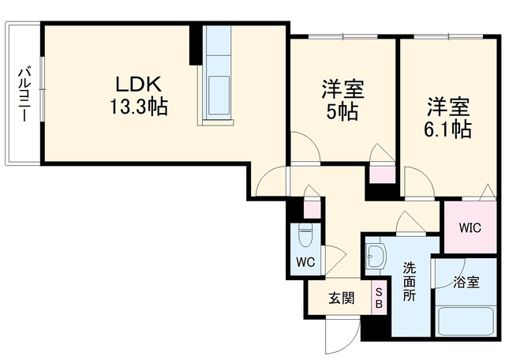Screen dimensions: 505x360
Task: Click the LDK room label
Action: point(138,84)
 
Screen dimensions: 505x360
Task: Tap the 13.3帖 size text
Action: point(139,107)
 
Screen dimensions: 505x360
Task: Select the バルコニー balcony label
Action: point(24,94)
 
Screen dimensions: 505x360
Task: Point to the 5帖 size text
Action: point(342,111)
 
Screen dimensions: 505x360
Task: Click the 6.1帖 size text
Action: point(448,129)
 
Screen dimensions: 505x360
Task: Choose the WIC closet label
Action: point(470,228)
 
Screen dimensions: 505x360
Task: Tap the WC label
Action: point(305,262)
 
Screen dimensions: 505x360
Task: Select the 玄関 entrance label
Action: point(342,298)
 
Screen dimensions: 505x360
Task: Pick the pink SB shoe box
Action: point(379,298)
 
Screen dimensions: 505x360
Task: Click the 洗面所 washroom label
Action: point(410,282)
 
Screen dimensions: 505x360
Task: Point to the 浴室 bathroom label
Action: point(466,283)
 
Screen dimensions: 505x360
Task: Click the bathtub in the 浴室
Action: point(466,321)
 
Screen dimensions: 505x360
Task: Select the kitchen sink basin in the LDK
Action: point(219,95)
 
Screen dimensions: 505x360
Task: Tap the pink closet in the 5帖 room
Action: point(382,175)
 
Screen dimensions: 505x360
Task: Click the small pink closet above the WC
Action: point(312,209)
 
